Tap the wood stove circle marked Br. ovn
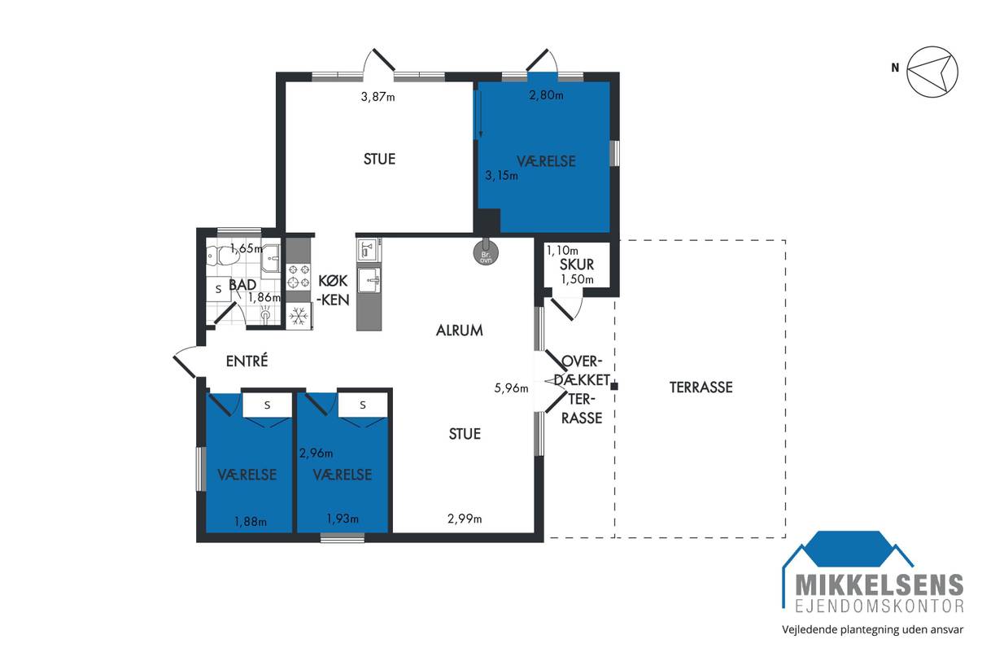[486, 253]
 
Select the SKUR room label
[576, 265]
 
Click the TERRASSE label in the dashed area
[701, 387]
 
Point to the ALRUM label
[460, 331]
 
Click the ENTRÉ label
[247, 361]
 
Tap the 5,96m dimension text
[511, 388]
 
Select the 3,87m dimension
[378, 96]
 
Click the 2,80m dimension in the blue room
[546, 95]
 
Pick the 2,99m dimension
[465, 519]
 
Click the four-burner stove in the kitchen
[299, 276]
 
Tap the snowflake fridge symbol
[299, 317]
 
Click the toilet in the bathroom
[222, 256]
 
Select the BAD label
[242, 285]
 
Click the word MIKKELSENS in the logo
[880, 585]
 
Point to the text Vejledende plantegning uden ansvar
[872, 629]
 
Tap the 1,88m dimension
[251, 522]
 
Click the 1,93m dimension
[343, 519]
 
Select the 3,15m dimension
[501, 175]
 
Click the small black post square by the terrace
[614, 386]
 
